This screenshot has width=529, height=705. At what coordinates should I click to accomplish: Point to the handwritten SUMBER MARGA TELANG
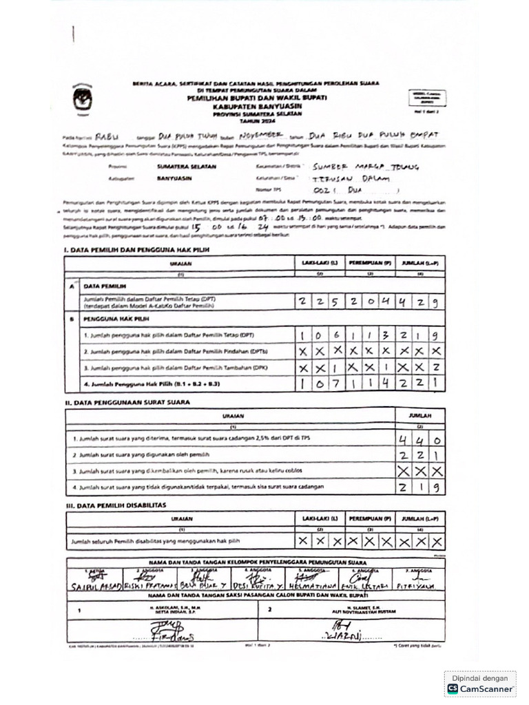pyautogui.click(x=365, y=167)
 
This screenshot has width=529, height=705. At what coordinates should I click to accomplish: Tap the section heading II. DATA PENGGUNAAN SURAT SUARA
pyautogui.click(x=127, y=401)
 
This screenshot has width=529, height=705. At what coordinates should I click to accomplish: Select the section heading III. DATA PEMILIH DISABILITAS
pyautogui.click(x=115, y=505)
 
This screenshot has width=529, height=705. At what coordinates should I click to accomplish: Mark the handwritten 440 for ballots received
pyautogui.click(x=419, y=439)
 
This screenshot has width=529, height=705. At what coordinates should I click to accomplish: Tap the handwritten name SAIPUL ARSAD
pyautogui.click(x=96, y=586)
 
